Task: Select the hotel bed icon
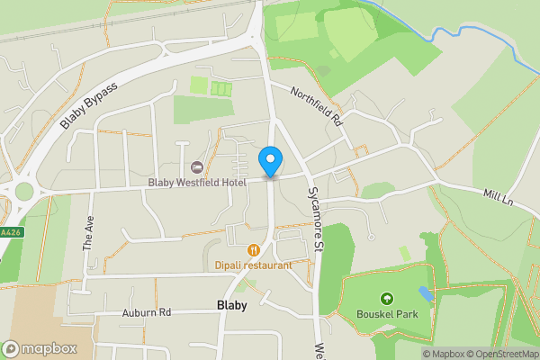point(197,166)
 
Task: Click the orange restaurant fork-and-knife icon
point(254,250)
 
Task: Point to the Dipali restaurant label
point(254,265)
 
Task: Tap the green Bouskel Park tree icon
point(387,299)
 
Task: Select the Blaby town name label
point(232,305)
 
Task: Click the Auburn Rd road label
point(146,313)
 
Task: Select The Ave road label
point(88,232)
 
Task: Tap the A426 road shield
point(7,231)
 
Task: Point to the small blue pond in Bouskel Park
point(426,293)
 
